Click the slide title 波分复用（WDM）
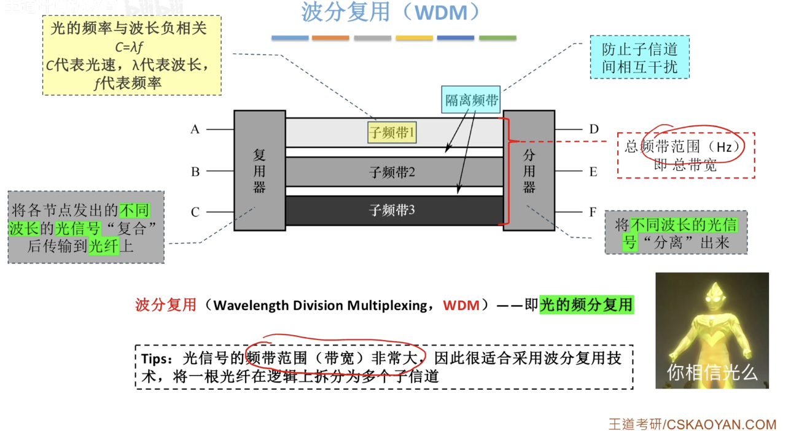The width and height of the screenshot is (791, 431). (x=391, y=12)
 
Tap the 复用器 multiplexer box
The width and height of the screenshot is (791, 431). (x=259, y=170)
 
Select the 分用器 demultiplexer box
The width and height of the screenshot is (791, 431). (x=529, y=170)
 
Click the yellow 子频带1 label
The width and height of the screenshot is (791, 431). (x=392, y=132)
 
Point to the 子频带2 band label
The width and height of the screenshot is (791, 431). (x=392, y=173)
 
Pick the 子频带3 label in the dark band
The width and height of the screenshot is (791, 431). (x=392, y=211)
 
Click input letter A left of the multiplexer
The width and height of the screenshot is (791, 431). (x=195, y=130)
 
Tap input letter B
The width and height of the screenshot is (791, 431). (x=195, y=172)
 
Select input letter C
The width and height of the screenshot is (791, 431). (x=195, y=212)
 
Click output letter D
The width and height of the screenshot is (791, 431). (x=593, y=130)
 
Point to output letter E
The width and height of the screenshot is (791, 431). (x=593, y=172)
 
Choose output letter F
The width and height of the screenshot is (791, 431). (x=593, y=212)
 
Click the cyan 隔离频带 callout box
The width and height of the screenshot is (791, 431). (x=471, y=100)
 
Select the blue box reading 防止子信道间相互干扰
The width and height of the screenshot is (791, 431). (x=639, y=58)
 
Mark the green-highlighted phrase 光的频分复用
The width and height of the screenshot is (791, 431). (x=586, y=305)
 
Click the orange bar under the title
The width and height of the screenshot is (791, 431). (x=330, y=38)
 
